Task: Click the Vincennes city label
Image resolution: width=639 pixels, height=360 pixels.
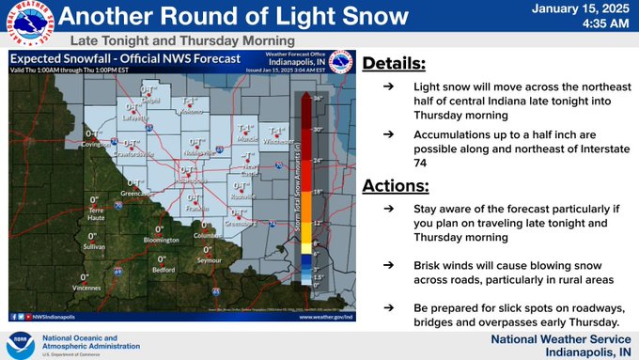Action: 85,287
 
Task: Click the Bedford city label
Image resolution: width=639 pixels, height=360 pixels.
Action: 164,269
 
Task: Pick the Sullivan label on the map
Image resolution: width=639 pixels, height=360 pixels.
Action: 94,245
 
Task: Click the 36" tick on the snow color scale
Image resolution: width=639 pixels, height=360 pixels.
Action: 319,98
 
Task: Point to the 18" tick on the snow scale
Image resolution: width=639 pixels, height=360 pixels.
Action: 319,191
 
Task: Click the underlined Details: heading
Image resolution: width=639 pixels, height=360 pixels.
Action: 395,64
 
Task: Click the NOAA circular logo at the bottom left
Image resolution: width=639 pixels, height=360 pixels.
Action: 22,342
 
